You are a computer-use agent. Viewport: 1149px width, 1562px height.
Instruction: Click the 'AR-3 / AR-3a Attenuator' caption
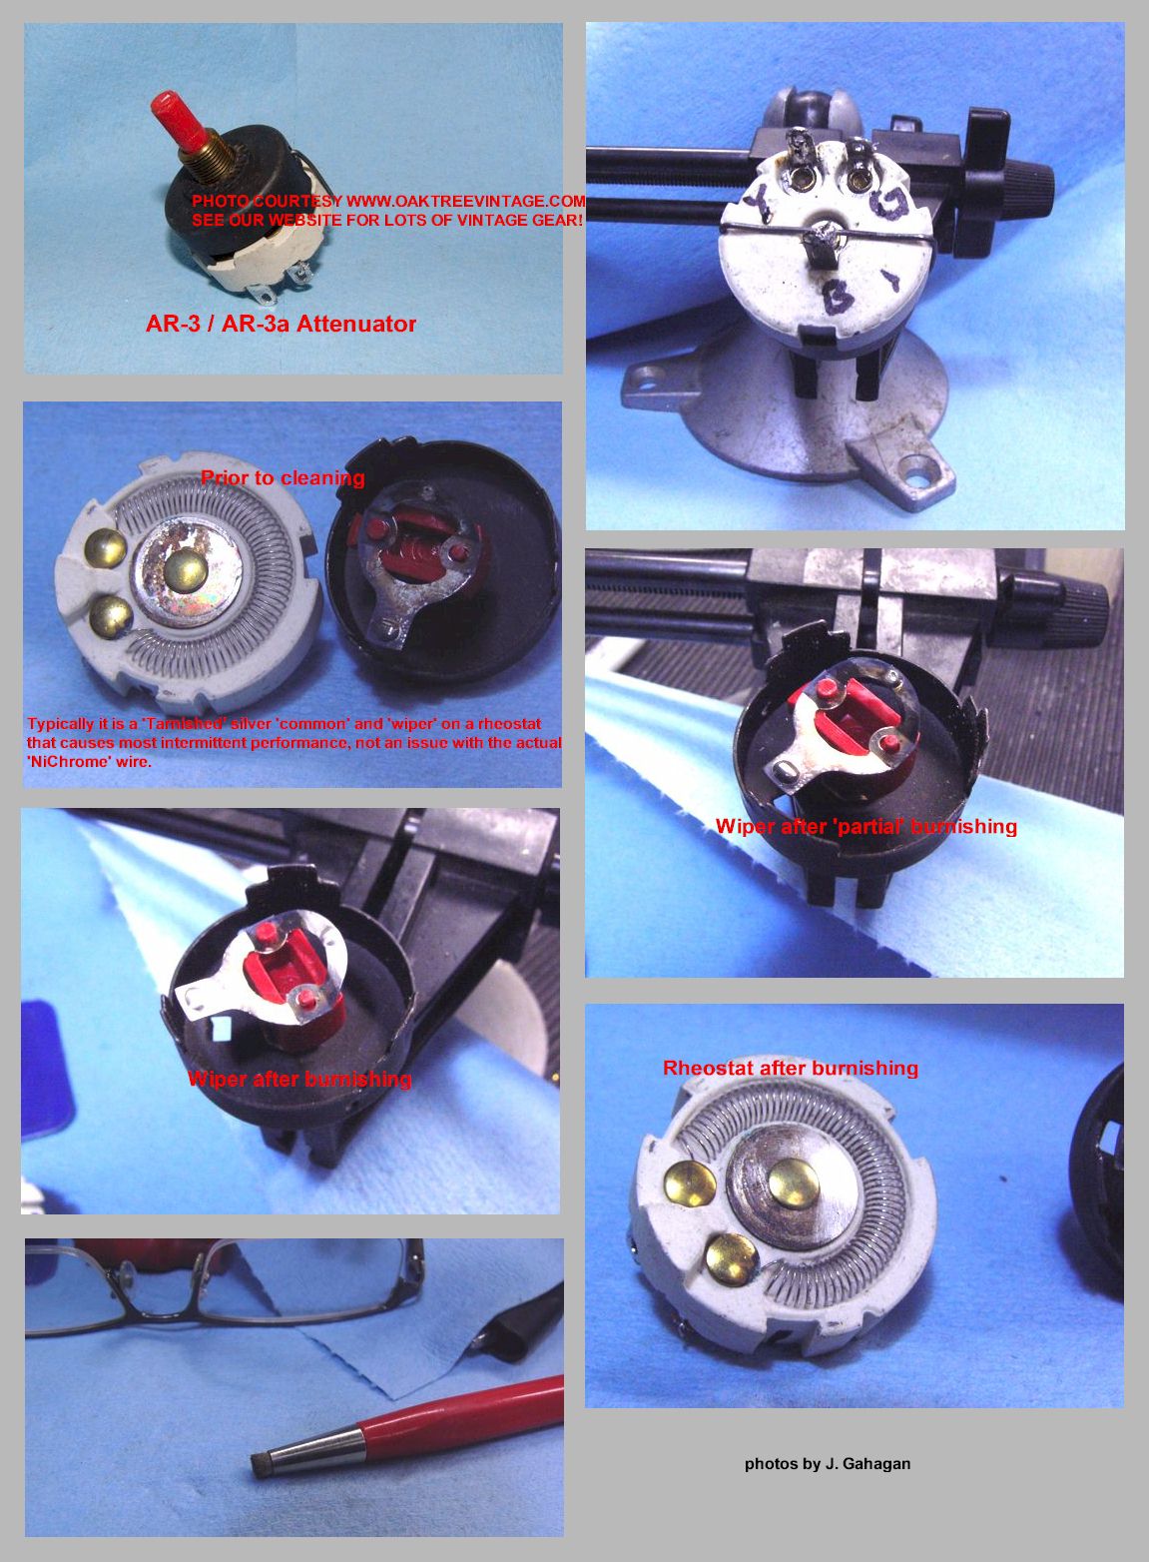click(x=281, y=324)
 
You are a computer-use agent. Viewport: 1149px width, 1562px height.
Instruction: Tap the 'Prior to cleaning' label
click(x=283, y=477)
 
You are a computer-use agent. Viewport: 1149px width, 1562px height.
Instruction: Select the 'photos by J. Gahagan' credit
click(x=827, y=1463)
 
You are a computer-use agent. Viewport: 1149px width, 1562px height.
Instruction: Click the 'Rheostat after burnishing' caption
click(x=790, y=1068)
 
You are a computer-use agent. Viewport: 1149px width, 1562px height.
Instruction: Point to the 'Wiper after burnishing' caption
click(x=299, y=1079)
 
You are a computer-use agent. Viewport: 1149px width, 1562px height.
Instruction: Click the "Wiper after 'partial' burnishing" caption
click(x=865, y=826)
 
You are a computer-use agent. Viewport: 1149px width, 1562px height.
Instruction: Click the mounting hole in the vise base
click(x=915, y=468)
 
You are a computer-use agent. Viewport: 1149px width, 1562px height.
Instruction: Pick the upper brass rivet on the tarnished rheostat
click(x=107, y=545)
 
